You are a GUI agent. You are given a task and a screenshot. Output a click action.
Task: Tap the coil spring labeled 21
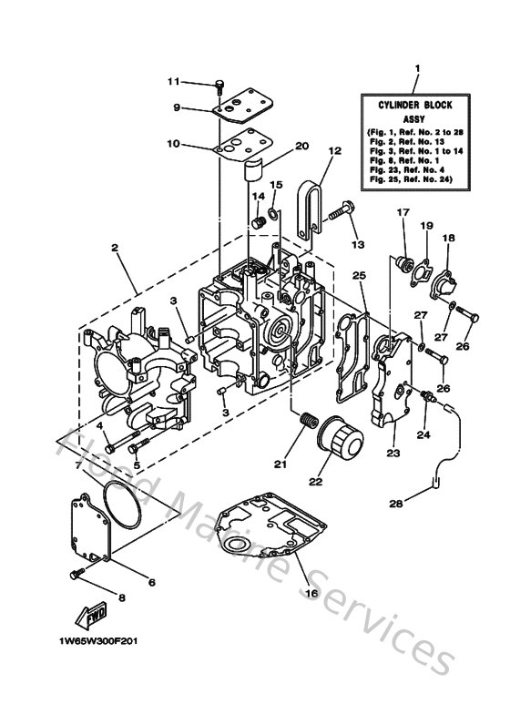point(308,424)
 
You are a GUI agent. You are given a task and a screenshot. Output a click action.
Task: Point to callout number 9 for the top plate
point(178,108)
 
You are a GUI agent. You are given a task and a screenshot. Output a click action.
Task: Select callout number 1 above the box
point(417,70)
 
